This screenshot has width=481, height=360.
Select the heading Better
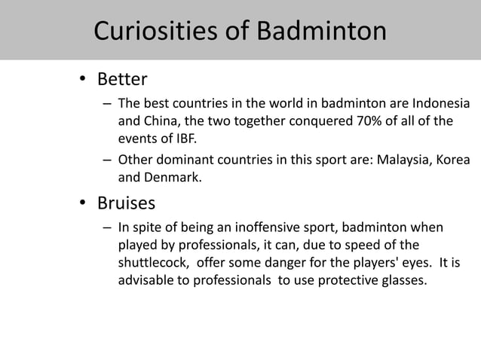(122, 79)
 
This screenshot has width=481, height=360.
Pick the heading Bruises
(127, 203)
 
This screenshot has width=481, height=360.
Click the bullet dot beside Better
(85, 80)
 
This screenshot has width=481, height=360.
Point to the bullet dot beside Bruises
(85, 203)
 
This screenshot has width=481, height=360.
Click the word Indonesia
(438, 104)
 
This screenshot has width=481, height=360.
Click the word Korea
(452, 160)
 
